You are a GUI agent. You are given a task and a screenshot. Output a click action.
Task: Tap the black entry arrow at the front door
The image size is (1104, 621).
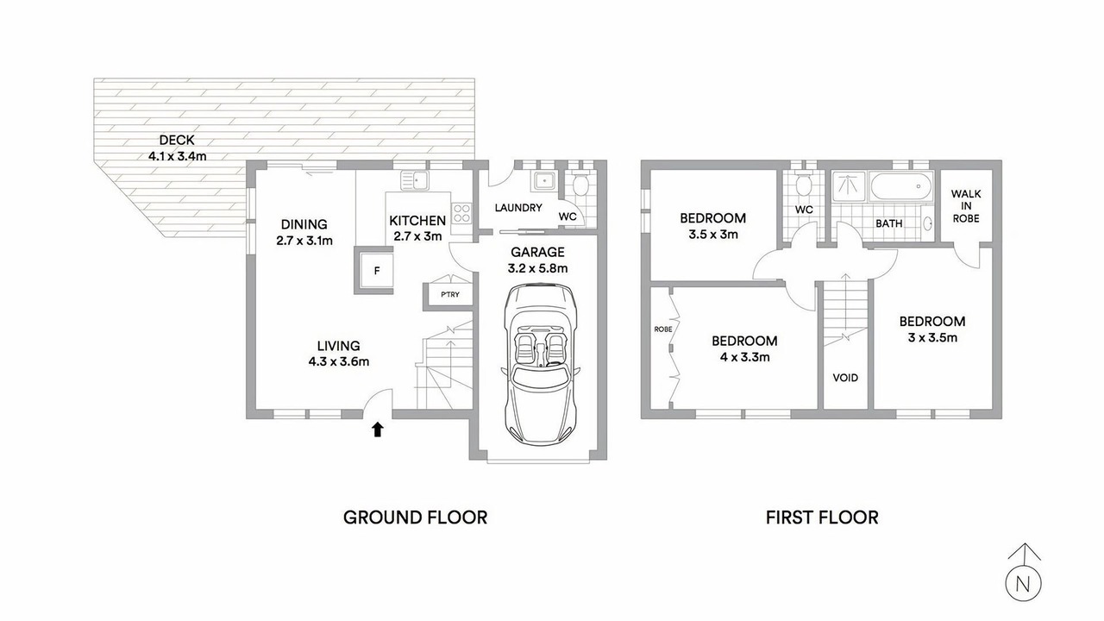tap(378, 430)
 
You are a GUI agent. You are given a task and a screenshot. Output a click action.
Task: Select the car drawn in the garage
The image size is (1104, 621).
tap(540, 363)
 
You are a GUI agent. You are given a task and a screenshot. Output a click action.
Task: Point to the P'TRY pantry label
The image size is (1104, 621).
tap(450, 294)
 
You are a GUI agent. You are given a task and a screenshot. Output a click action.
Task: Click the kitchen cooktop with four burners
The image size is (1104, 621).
tap(461, 213)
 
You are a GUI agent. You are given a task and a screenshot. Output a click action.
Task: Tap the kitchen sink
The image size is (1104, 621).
tap(415, 180)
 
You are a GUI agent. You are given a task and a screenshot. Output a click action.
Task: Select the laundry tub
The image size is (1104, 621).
tap(543, 181)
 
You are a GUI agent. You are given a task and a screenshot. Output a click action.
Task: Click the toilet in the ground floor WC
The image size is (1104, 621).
tap(580, 185)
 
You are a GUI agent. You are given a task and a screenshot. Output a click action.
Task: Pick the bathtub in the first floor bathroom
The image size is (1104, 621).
tap(901, 187)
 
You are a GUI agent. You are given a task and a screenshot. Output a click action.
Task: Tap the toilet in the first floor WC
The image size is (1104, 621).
tap(803, 185)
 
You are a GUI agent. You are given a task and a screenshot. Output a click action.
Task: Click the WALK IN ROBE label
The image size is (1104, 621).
tap(965, 206)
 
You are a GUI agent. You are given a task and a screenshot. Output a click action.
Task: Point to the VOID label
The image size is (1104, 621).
tap(845, 378)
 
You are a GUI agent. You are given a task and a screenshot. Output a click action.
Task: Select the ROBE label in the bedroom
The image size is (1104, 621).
tap(663, 329)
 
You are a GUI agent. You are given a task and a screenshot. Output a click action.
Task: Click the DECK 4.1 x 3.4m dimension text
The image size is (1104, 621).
tap(178, 156)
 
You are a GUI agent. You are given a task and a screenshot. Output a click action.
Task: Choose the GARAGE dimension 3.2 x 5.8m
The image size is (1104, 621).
tap(537, 268)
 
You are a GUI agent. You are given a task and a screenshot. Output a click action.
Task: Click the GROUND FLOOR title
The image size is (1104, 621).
tap(415, 517)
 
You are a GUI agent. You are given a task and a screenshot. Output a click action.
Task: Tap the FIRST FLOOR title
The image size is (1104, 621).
tap(822, 517)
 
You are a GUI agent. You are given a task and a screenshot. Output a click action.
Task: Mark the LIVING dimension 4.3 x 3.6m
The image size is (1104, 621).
tap(339, 361)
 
